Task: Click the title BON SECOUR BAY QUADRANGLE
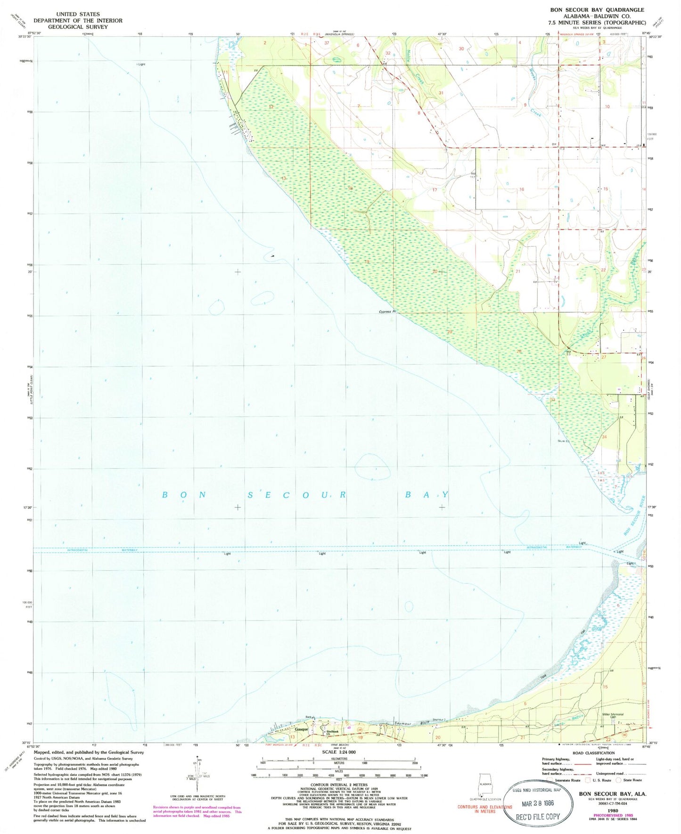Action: (597, 10)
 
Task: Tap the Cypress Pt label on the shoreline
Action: (386, 312)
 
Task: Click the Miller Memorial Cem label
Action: (613, 715)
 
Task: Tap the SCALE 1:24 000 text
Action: (338, 752)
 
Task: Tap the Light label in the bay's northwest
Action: (141, 64)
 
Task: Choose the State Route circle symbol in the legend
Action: (619, 780)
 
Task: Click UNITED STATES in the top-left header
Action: (78, 14)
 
